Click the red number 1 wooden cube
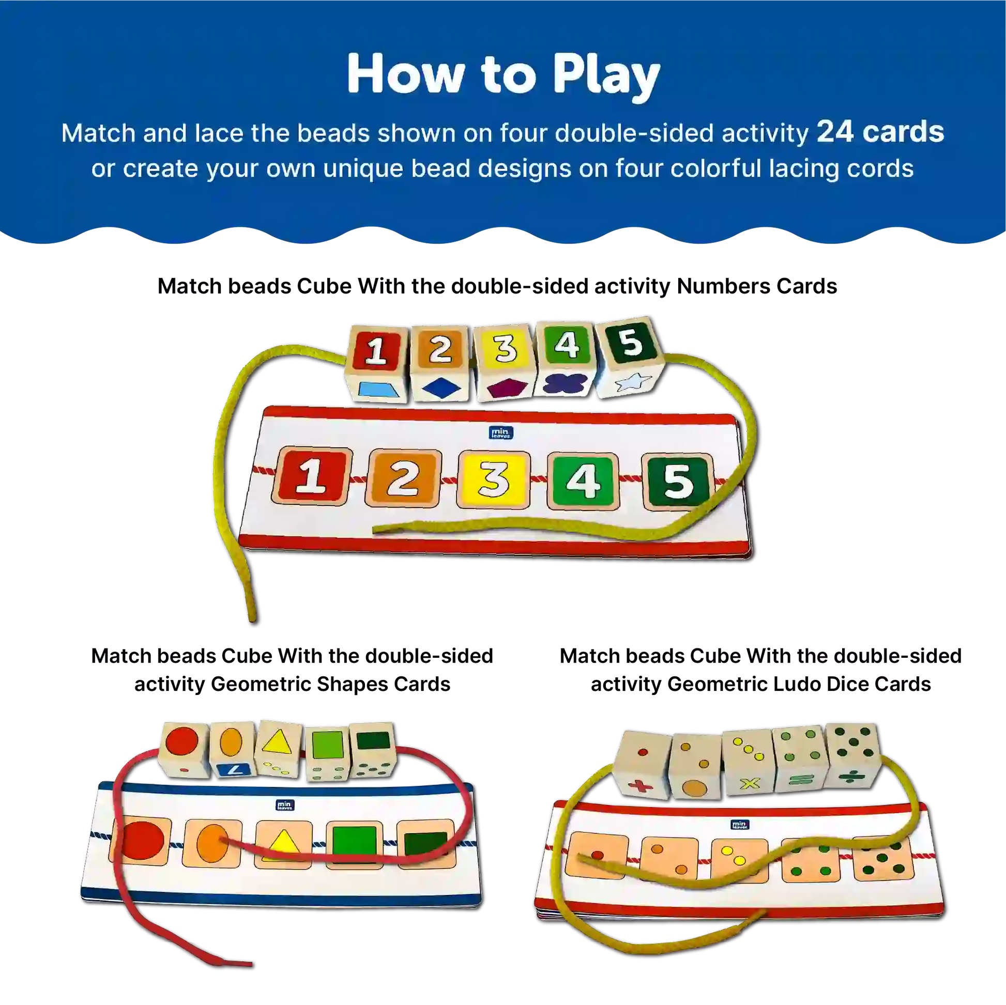tap(375, 364)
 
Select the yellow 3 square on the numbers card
tap(493, 480)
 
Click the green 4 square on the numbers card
tap(583, 481)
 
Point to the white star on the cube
tap(633, 382)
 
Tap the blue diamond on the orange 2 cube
tap(441, 388)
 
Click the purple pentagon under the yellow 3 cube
tap(504, 388)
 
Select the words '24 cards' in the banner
tap(880, 132)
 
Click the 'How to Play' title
tap(503, 75)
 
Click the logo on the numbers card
tap(501, 432)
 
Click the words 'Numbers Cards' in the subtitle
tap(757, 286)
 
